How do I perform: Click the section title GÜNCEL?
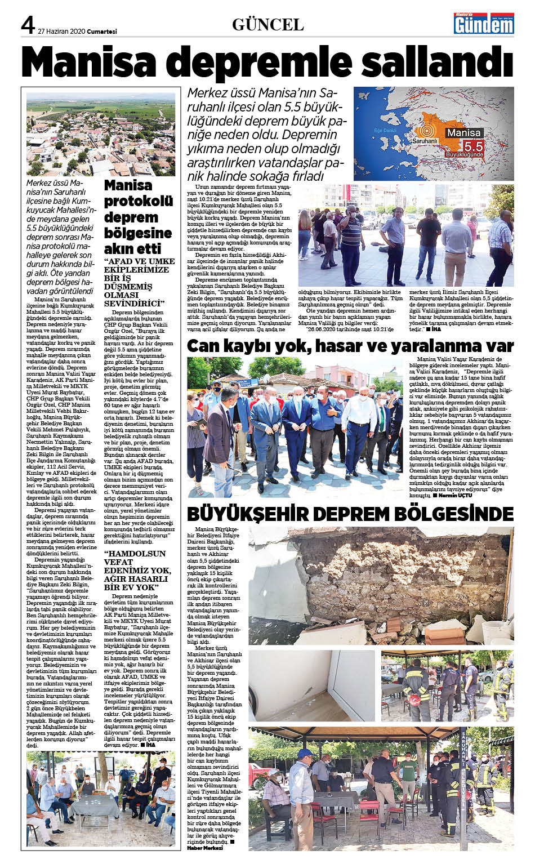click(267, 25)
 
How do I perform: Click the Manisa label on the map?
click(463, 133)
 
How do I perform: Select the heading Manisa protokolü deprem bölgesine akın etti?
click(138, 217)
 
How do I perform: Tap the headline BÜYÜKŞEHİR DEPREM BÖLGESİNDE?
click(350, 514)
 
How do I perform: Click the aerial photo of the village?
click(101, 135)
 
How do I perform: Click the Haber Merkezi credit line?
click(205, 848)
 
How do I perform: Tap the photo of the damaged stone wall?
click(381, 586)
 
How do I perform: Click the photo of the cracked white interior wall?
click(311, 686)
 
